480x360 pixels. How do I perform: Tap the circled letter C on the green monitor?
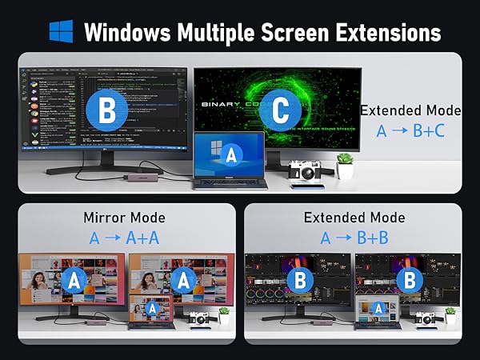[280, 110]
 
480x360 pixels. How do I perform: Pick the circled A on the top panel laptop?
[230, 153]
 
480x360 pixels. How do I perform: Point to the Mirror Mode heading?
[124, 217]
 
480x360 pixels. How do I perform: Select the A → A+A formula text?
[125, 238]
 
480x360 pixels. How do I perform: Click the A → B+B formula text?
[354, 238]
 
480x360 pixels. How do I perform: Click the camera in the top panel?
[306, 170]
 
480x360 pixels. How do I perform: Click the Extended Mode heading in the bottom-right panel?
[354, 217]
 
